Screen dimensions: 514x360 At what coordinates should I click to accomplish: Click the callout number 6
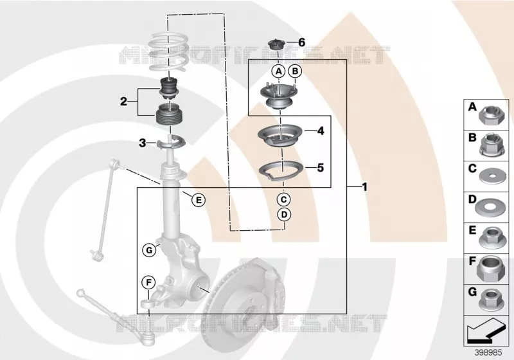point(301,42)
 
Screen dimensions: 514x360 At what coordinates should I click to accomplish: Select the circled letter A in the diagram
point(279,71)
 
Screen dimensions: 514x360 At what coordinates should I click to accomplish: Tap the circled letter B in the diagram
point(295,71)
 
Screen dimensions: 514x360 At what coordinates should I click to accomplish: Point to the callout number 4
point(320,130)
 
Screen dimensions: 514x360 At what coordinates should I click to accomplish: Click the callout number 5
point(320,168)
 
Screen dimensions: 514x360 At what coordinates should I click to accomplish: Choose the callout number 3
point(142,143)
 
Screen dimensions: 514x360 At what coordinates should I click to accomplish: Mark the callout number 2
point(123,102)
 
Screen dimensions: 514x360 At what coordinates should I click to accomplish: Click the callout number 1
point(364,187)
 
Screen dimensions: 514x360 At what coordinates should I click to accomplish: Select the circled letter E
point(199,200)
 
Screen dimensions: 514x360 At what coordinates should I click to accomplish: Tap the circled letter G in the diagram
point(149,251)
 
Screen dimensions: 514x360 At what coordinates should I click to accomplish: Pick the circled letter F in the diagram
point(148,282)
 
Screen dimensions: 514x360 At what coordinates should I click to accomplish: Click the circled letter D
point(284,215)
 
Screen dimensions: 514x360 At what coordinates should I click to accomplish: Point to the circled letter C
point(284,199)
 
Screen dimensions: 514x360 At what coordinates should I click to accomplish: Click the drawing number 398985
point(488,353)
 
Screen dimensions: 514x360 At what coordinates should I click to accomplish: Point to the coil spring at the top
point(168,51)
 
